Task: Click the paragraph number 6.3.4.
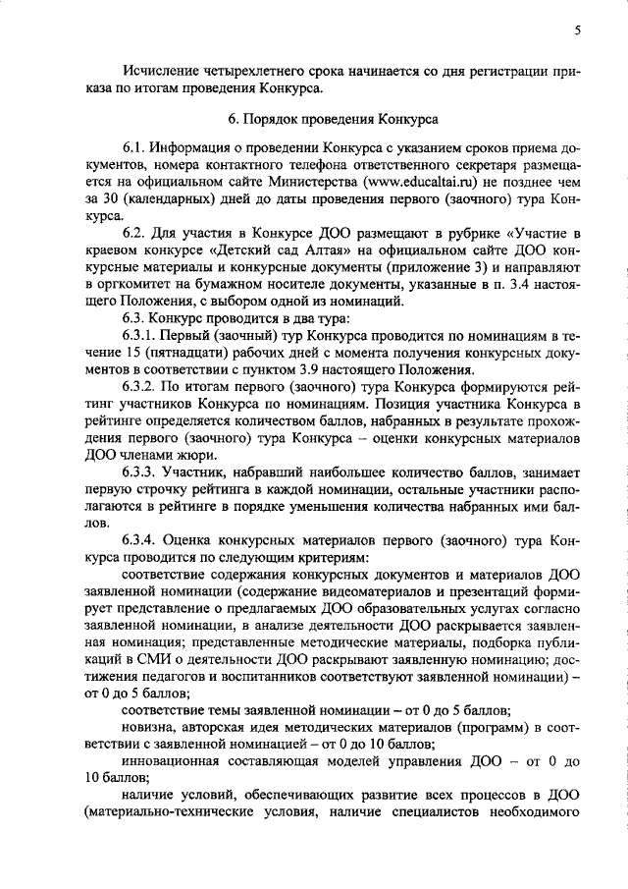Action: [x=141, y=540]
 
